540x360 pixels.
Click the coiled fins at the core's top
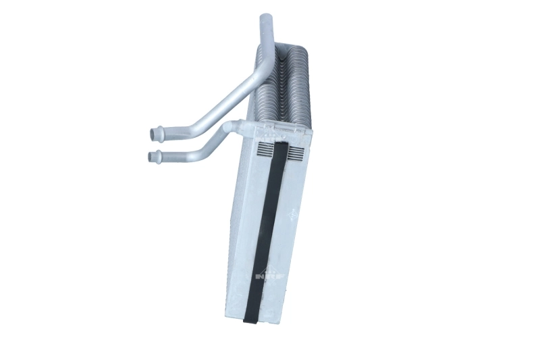(x=283, y=54)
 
